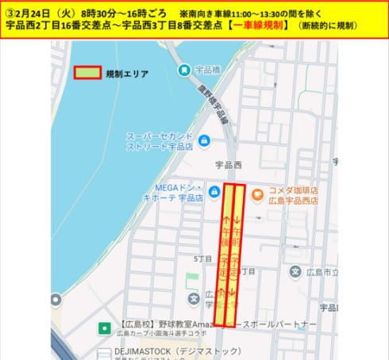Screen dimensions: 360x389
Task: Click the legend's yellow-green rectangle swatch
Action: click(x=87, y=73)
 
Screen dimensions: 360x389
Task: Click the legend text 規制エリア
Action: click(x=125, y=73)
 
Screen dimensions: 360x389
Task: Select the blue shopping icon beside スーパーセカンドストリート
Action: click(x=204, y=141)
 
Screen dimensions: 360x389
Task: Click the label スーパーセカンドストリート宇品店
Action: click(x=159, y=141)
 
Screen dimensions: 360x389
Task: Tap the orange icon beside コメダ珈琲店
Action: click(x=256, y=193)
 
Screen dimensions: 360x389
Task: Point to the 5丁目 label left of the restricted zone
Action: click(x=202, y=259)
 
